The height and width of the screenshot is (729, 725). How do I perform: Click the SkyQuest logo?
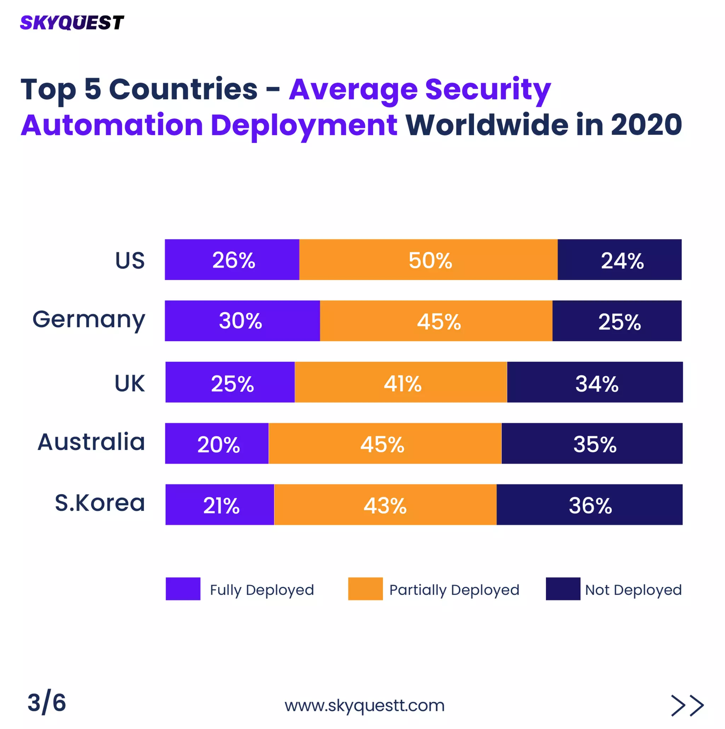pos(72,23)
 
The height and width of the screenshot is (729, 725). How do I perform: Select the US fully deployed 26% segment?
pos(232,260)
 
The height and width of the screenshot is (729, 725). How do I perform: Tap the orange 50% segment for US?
pos(428,260)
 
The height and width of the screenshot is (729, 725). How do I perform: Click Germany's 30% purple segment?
pos(242,321)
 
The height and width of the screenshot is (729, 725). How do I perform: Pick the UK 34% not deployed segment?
pos(594,382)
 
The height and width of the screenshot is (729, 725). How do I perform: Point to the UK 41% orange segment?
pos(401,382)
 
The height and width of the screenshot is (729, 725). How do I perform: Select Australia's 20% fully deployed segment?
pos(217,443)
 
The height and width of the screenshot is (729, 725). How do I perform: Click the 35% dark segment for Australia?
pos(592,443)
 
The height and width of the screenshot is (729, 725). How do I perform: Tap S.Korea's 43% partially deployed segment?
pos(385,505)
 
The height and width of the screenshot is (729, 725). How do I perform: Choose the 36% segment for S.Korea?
pos(589,505)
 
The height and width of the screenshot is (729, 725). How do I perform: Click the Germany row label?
pos(89,320)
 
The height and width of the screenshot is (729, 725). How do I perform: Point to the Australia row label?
pos(91,442)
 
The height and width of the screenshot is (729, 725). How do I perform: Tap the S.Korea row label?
pos(100,503)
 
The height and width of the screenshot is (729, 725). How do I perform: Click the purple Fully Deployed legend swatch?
pos(183,589)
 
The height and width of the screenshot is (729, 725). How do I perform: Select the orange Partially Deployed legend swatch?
pos(365,589)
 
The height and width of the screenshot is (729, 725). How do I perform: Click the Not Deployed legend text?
pos(633,590)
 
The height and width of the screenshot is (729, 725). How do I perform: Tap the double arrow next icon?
pos(687,706)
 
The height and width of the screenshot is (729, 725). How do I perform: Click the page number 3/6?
pos(47,702)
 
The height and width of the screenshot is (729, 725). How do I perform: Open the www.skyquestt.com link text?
pos(364,705)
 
